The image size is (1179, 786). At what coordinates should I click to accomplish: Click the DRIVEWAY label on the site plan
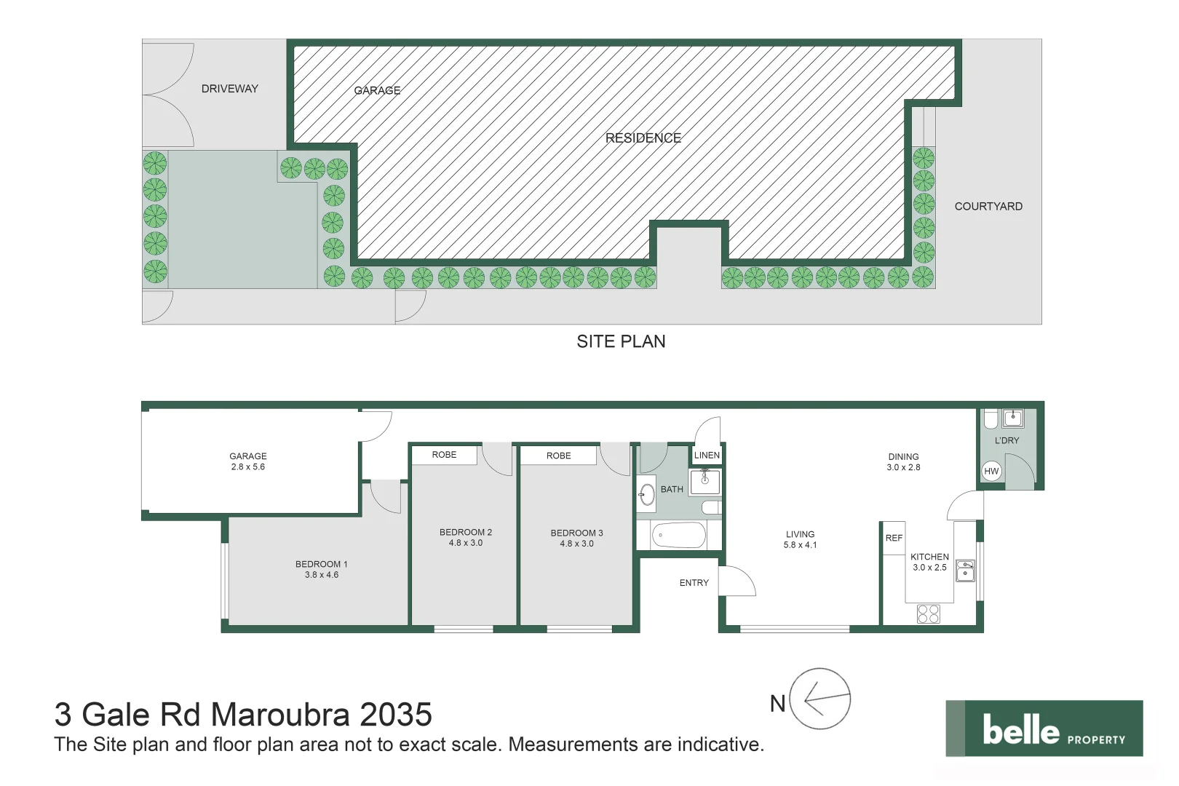click(x=229, y=89)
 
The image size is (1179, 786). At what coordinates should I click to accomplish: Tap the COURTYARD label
click(x=988, y=207)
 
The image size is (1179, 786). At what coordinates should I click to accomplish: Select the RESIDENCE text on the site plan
click(x=643, y=138)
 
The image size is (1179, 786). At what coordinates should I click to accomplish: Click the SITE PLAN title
click(x=621, y=341)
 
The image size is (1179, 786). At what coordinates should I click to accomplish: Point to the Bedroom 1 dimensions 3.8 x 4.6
click(x=322, y=575)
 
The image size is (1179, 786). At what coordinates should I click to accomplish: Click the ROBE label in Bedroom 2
click(x=444, y=455)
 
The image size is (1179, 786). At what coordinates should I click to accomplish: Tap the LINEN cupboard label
click(x=707, y=455)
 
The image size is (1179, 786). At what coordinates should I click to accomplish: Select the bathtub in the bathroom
click(x=678, y=536)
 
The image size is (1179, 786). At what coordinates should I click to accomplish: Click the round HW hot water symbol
click(x=991, y=471)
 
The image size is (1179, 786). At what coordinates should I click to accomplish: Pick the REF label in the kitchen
click(x=894, y=538)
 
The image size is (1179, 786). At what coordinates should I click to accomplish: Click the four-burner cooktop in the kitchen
click(x=928, y=614)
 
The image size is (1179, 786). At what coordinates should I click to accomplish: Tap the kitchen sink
click(x=965, y=570)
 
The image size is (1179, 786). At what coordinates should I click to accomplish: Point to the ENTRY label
click(x=694, y=583)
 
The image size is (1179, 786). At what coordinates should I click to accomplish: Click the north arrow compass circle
click(x=819, y=699)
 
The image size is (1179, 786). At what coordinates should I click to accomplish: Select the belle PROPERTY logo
click(x=1044, y=729)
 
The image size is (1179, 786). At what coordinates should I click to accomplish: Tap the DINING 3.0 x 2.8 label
click(x=903, y=462)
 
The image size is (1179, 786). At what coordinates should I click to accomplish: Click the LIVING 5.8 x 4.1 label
click(x=800, y=539)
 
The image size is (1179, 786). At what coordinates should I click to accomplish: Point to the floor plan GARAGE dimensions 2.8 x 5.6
click(x=248, y=467)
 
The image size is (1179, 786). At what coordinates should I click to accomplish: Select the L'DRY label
click(x=1007, y=440)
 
